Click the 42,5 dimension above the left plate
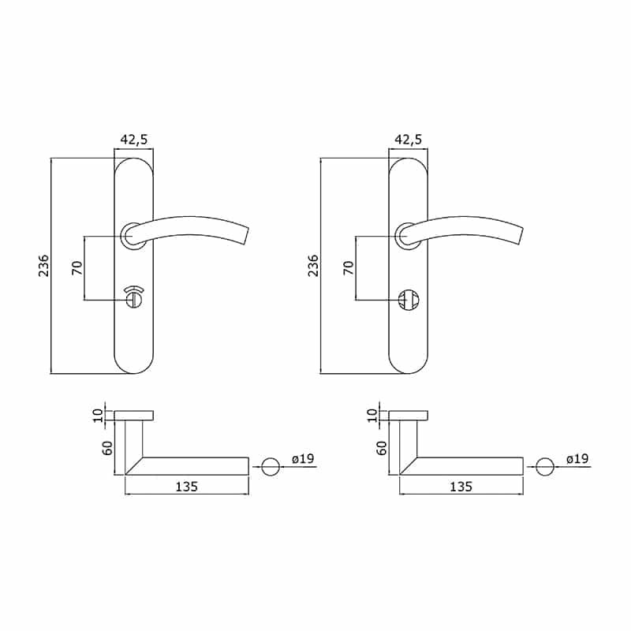click(134, 140)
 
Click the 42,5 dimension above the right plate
click(408, 140)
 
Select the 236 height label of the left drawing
click(43, 265)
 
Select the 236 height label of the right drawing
click(312, 265)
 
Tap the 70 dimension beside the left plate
click(77, 268)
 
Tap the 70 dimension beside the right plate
click(349, 268)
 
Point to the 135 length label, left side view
click(187, 487)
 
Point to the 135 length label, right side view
click(461, 487)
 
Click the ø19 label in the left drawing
click(303, 458)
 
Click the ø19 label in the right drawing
click(577, 458)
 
